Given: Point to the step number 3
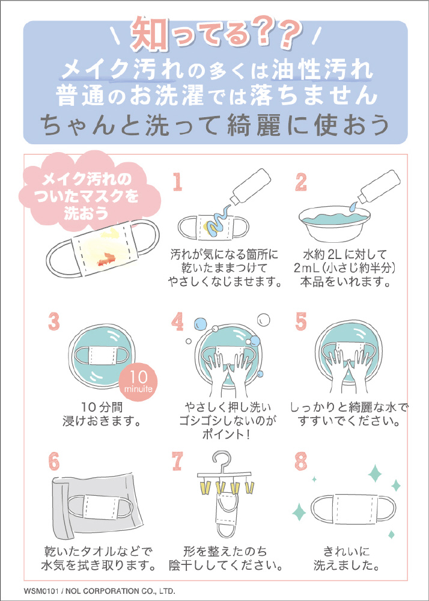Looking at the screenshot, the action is click(x=54, y=321).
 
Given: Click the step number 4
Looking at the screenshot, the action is click(x=177, y=321).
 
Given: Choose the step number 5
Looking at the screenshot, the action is click(x=301, y=321).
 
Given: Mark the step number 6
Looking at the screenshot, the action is click(x=54, y=461).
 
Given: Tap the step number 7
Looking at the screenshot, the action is click(x=177, y=461).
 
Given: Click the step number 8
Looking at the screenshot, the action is click(x=301, y=461).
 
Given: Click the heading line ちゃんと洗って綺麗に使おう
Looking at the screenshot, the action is click(x=215, y=126).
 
